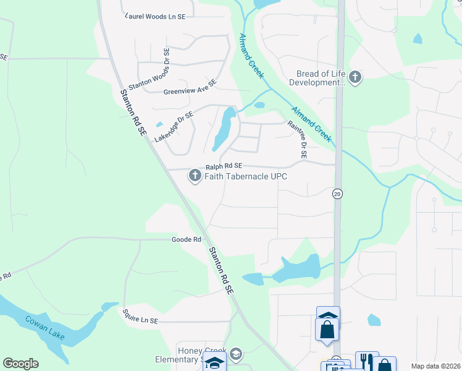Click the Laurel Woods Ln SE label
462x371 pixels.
(156, 16)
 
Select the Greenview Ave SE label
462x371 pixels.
(190, 87)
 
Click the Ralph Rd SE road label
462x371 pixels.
(224, 166)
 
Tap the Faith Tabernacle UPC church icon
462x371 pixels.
(195, 176)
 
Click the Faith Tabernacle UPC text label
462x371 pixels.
(246, 176)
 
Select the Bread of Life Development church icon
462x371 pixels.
(355, 77)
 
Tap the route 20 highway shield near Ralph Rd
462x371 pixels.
(337, 194)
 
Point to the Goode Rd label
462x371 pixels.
(187, 239)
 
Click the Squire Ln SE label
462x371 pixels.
(140, 321)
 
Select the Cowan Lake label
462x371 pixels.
(44, 328)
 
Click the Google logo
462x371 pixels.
(20, 364)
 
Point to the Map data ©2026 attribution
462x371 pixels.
(435, 366)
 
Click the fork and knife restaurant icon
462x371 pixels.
(366, 361)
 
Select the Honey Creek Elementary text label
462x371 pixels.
(196, 354)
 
